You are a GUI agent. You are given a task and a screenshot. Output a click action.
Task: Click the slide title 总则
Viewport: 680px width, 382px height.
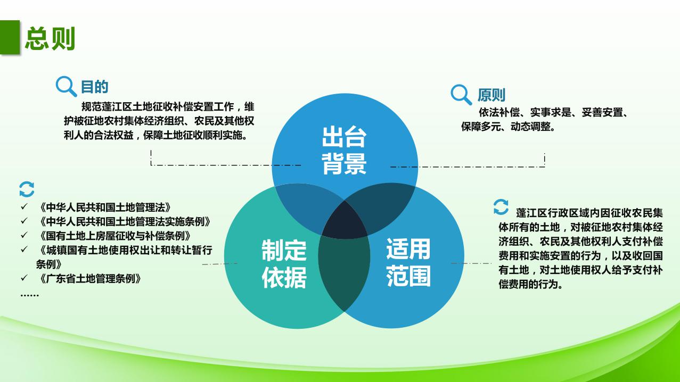50,39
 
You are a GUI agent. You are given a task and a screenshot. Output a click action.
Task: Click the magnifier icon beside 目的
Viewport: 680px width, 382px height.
67,86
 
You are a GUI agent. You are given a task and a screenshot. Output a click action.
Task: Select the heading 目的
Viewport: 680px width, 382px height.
95,87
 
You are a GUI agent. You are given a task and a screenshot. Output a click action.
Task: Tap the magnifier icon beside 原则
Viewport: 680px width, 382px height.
461,95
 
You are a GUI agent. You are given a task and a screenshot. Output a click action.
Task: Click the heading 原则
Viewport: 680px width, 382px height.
491,95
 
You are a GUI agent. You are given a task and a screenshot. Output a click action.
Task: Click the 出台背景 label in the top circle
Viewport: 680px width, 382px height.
344,151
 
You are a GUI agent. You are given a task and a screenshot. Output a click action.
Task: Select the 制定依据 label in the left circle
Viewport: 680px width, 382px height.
284,264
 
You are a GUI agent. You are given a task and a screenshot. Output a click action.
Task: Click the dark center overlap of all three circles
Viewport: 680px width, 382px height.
345,220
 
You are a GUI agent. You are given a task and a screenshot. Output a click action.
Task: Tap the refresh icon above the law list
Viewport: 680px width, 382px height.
27,189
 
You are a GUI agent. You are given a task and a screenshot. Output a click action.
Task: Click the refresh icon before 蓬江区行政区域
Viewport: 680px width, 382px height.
501,207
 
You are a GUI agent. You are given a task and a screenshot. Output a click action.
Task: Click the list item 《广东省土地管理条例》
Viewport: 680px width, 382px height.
90,278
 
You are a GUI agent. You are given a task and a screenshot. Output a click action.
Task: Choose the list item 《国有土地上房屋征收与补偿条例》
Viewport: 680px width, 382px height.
114,235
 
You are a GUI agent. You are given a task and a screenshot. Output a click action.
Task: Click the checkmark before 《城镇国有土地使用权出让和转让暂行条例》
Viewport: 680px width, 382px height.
24,250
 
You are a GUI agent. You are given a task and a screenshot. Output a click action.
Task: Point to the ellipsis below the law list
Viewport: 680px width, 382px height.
29,294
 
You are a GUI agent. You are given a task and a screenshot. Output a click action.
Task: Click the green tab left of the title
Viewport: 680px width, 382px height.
9,38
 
